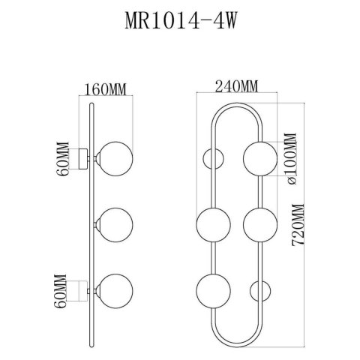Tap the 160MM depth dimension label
tap(103, 90)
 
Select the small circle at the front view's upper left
tap(210, 158)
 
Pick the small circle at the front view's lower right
tap(259, 289)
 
